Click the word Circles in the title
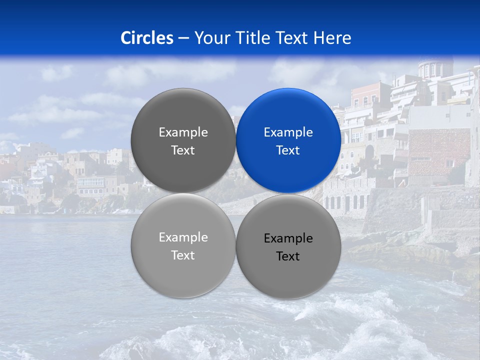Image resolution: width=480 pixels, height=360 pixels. pos(147,38)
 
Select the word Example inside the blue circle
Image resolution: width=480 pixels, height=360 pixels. pos(288,132)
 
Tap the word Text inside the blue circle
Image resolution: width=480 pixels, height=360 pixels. pos(288,150)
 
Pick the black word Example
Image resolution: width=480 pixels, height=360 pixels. pos(288,238)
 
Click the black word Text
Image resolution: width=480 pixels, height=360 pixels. pos(288,256)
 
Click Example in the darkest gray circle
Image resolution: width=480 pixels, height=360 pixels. pos(183,132)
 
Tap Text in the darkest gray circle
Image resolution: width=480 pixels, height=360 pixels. pos(183,150)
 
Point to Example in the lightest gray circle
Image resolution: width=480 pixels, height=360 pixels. pos(183,237)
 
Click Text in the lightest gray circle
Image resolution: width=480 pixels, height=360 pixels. pos(183,255)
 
